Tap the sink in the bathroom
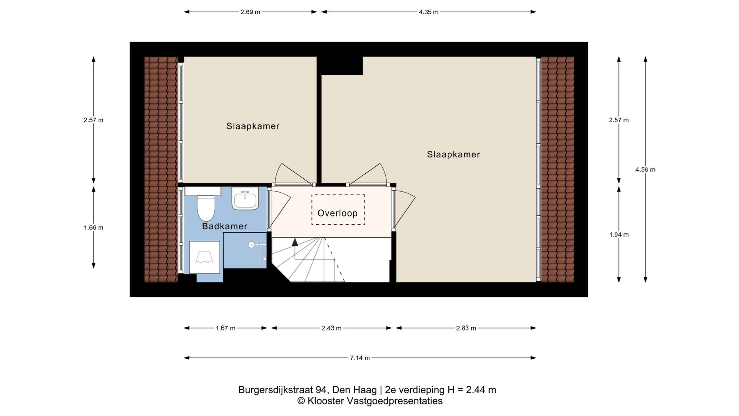(245, 199)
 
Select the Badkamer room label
(225, 226)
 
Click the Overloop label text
(338, 213)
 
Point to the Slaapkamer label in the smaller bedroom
(253, 126)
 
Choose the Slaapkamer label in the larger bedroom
(453, 154)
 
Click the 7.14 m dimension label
(360, 358)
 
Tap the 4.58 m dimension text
(645, 169)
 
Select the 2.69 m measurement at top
(251, 12)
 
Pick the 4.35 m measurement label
(429, 12)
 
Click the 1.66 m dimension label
(94, 228)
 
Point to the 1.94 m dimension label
(619, 235)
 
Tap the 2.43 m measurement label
(332, 328)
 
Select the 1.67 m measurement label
(226, 328)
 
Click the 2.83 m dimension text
(466, 328)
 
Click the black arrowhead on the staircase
(295, 242)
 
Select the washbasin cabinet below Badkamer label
(204, 257)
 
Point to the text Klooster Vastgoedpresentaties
(375, 401)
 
